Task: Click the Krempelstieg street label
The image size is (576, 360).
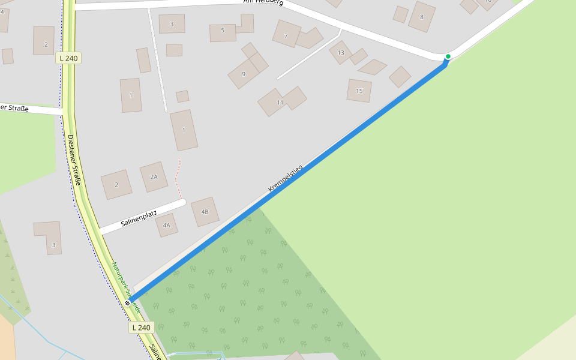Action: [286, 178]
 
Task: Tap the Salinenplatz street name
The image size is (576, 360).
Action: [139, 218]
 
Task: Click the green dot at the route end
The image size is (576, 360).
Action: [448, 56]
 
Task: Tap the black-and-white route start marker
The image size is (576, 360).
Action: [127, 303]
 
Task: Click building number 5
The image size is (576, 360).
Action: [223, 32]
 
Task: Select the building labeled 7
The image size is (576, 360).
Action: [286, 34]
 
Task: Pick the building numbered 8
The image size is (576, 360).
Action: [422, 17]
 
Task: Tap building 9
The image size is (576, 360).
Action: [244, 74]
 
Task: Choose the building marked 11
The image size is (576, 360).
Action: [280, 103]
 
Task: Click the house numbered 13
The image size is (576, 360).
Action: [341, 52]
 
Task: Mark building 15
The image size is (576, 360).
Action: [359, 91]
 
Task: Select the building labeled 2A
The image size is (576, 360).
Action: [154, 176]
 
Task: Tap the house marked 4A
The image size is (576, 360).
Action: [166, 225]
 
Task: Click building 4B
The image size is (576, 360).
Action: [205, 212]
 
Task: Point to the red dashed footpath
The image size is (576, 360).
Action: [176, 178]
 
